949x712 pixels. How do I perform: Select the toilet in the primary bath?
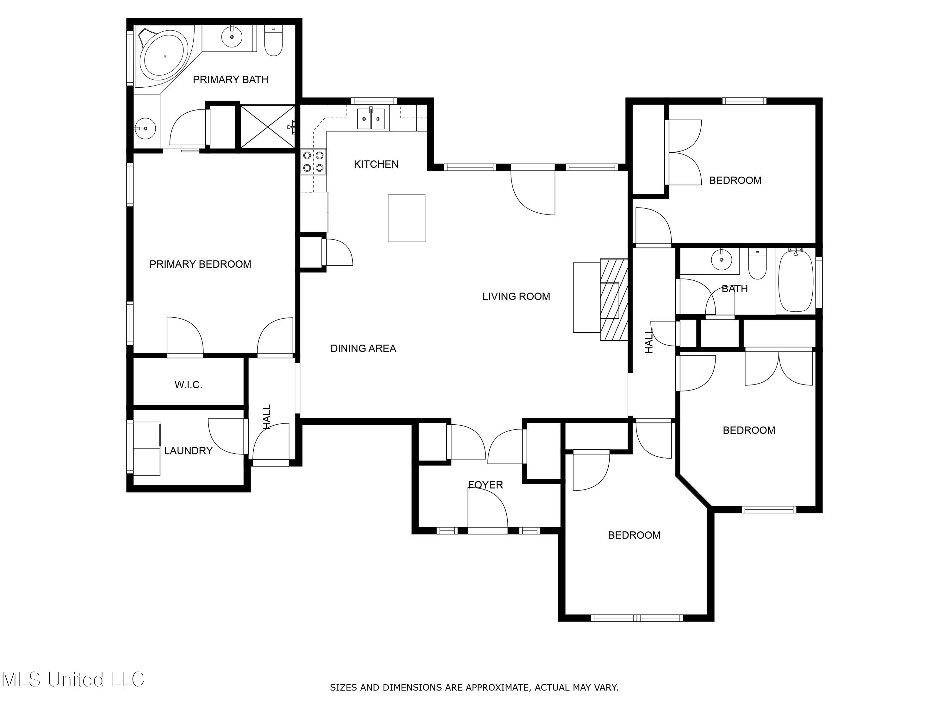coord(273,41)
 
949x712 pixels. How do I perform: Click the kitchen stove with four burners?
coord(313,161)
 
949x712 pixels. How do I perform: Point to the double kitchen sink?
coord(371,118)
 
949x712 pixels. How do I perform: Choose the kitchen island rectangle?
coord(407,218)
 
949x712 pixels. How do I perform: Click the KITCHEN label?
coord(376,164)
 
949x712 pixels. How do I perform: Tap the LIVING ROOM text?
coord(516,296)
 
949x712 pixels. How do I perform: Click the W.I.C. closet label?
coord(188,384)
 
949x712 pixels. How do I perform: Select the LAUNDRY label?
coord(188,451)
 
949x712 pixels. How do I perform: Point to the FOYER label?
coord(485,484)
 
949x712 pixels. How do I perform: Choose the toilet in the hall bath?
coord(757,264)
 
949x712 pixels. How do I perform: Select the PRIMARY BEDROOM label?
coord(200,264)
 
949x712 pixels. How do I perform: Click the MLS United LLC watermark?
coord(73,679)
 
